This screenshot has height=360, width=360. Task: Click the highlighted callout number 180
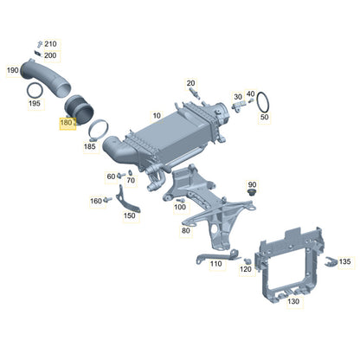coord(66,123)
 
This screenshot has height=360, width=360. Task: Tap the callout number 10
coord(157,116)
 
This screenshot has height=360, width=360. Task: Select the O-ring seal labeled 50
coord(263,102)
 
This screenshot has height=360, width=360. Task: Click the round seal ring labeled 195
coord(35,91)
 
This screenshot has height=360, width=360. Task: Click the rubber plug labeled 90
coord(252,192)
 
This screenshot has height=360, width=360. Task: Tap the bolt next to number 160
coord(108,199)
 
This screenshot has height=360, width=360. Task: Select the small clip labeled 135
coord(331,261)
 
